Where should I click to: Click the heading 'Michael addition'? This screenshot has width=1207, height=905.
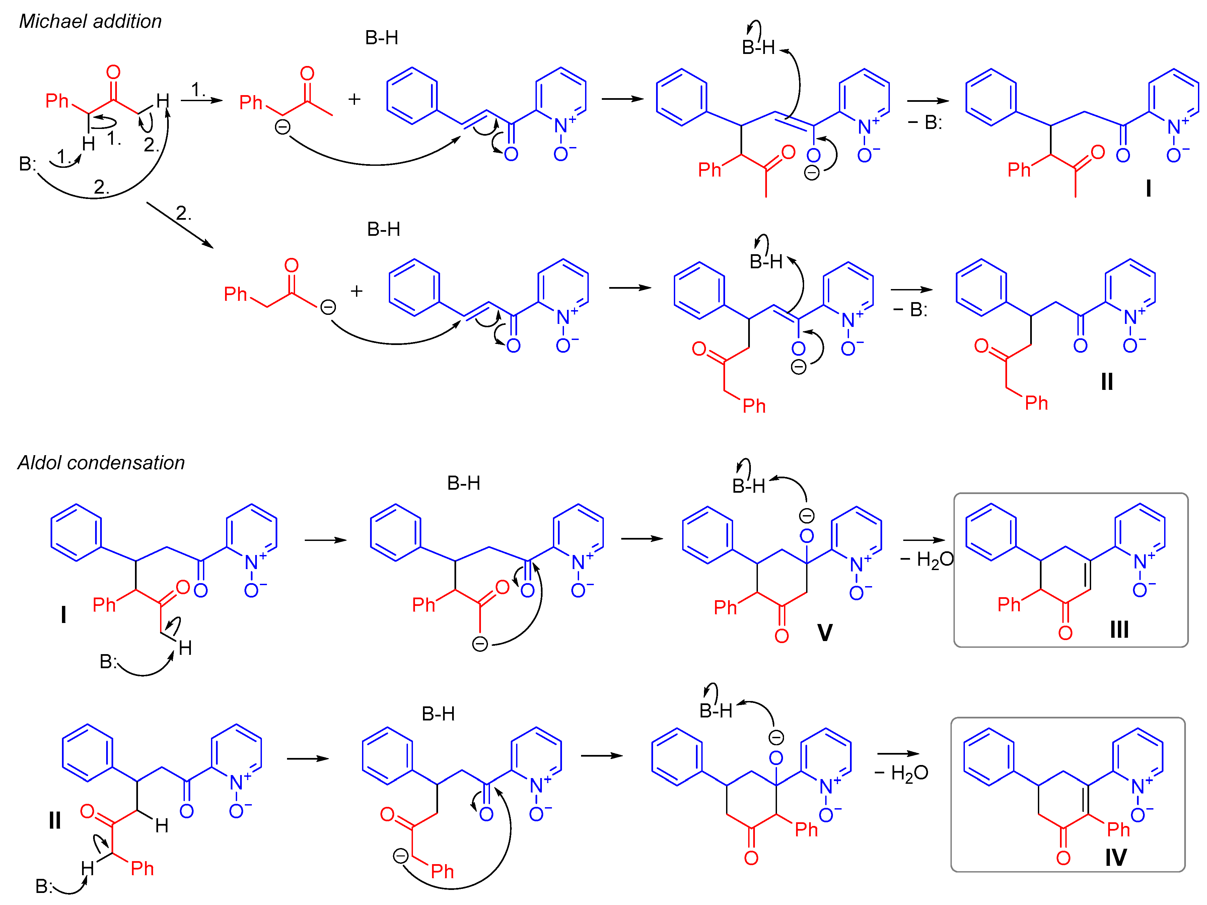pos(90,21)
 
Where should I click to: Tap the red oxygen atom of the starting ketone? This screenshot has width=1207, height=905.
pos(113,72)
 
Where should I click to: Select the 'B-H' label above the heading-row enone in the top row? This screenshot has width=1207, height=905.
pos(381,38)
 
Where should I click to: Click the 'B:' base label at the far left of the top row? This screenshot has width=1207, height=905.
pos(27,164)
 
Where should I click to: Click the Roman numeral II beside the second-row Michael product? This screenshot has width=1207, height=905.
pos(1107,381)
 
